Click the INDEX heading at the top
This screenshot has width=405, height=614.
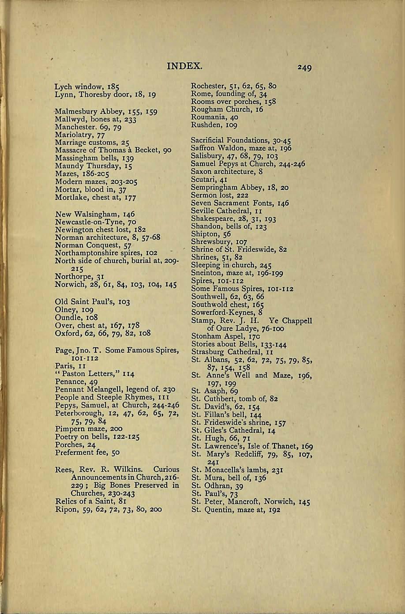(x=185, y=67)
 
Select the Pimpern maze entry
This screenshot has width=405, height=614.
(x=89, y=429)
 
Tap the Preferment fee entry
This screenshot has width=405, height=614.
(x=87, y=452)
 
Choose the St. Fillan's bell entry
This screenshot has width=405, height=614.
(x=226, y=415)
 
